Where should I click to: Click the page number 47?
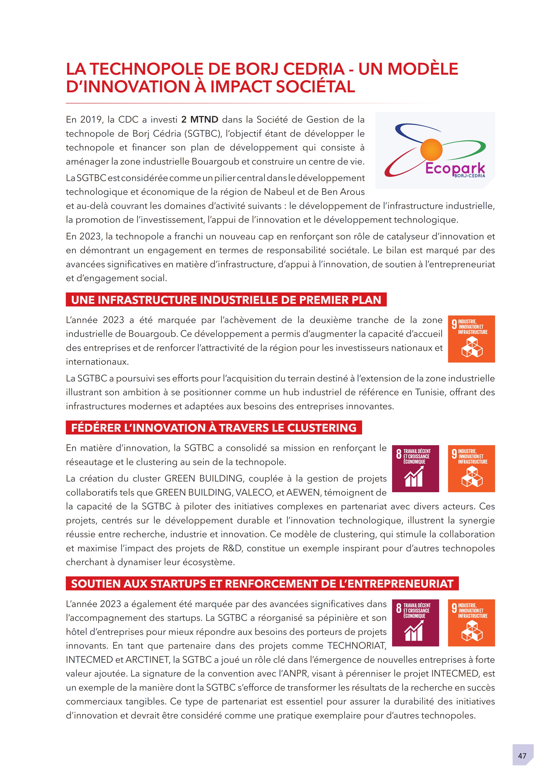tap(522, 755)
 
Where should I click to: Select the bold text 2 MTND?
tap(200, 119)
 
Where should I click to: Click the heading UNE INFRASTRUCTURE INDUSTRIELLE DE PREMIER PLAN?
tap(226, 300)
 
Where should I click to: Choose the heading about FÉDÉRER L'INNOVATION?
tap(214, 428)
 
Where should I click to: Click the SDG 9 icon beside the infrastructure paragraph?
tap(471, 339)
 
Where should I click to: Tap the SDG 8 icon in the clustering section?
tap(415, 469)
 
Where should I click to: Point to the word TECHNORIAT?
tap(357, 646)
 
